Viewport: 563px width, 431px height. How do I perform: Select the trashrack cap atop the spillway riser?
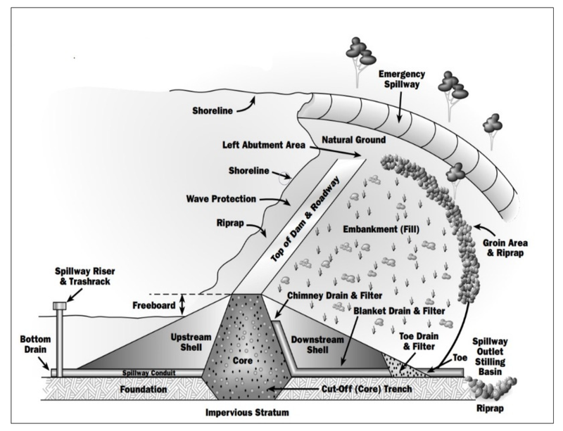tap(58, 306)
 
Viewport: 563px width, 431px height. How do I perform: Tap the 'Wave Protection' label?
tap(235, 199)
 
